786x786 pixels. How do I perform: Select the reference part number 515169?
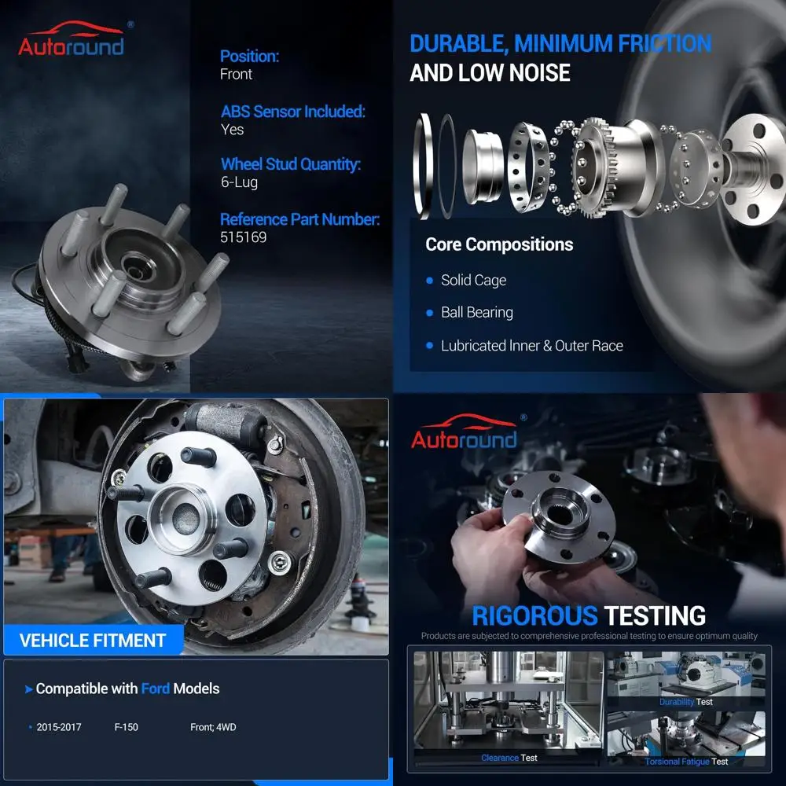(244, 237)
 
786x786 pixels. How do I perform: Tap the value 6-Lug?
(239, 182)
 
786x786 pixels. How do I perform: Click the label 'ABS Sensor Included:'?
(293, 112)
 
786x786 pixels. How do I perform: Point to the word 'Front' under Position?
(237, 75)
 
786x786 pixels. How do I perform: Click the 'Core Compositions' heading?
(499, 244)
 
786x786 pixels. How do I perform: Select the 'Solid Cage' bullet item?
(473, 281)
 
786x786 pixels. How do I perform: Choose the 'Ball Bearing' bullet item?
(476, 313)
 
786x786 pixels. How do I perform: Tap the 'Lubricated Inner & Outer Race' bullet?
(531, 346)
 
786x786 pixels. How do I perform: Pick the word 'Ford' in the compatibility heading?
(155, 689)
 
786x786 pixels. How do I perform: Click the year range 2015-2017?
(59, 727)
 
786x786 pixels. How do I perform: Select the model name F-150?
(126, 727)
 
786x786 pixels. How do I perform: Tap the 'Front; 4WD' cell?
(213, 727)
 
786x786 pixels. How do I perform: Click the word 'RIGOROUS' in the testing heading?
(534, 615)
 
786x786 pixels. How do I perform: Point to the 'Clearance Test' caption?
(509, 758)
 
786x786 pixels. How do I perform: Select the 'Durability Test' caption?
(686, 702)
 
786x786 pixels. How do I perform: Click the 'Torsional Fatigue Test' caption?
(686, 762)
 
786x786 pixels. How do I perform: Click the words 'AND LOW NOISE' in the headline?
(490, 73)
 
